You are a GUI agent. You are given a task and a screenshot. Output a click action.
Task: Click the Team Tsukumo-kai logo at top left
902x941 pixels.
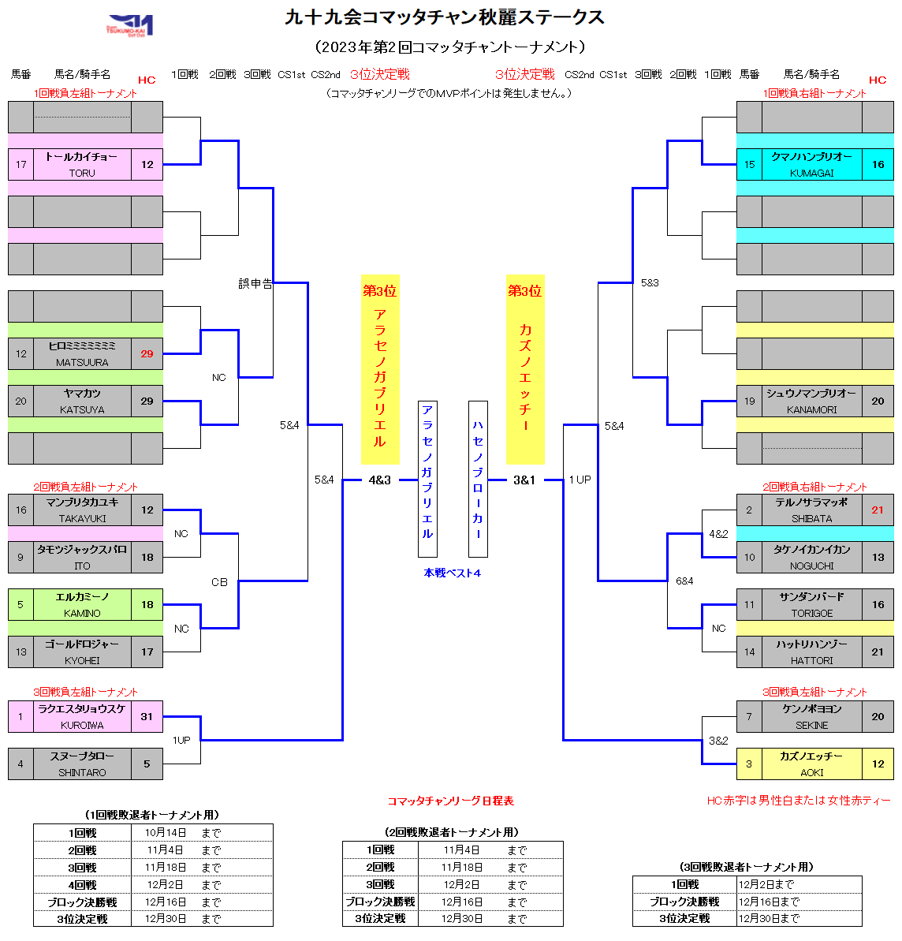click(x=130, y=24)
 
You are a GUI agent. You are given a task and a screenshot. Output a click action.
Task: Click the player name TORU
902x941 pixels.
click(x=82, y=173)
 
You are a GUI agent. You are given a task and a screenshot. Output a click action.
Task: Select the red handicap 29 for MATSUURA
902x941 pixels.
click(x=147, y=354)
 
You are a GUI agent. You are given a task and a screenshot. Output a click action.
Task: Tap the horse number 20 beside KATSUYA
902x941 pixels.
click(x=21, y=401)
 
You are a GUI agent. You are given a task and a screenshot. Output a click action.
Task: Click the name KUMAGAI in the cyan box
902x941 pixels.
click(x=811, y=173)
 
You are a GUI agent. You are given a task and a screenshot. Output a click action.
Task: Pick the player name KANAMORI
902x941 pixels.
click(x=811, y=409)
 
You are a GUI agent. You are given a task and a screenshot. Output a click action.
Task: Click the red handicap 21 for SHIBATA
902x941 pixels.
click(x=878, y=510)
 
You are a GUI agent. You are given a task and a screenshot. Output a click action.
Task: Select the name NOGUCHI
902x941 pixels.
click(x=811, y=566)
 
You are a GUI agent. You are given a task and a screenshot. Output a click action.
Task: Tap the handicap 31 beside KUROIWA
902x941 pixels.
click(x=147, y=717)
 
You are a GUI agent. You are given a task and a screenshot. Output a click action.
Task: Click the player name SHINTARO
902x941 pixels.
click(x=82, y=772)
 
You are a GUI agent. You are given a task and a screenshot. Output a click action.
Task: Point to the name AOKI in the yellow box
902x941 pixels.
click(x=811, y=772)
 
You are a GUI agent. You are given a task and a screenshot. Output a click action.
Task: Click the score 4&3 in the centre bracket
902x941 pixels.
click(x=379, y=480)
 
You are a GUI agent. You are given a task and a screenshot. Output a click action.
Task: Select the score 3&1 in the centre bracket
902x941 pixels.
click(x=524, y=480)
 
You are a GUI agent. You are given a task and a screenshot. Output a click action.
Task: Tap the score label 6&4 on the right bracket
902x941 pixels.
click(x=684, y=581)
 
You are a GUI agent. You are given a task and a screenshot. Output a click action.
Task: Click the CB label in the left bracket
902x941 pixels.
click(x=219, y=582)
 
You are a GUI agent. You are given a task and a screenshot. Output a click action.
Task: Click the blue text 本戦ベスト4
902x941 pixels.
click(x=452, y=573)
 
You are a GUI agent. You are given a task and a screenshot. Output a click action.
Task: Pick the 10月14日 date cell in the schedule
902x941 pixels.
click(x=166, y=833)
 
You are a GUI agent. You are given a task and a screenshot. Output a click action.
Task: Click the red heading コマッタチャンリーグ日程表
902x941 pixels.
click(x=450, y=801)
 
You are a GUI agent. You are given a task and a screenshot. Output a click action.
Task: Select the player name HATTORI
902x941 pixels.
click(x=811, y=660)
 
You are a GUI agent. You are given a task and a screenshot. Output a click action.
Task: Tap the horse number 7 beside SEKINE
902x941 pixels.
click(x=749, y=717)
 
